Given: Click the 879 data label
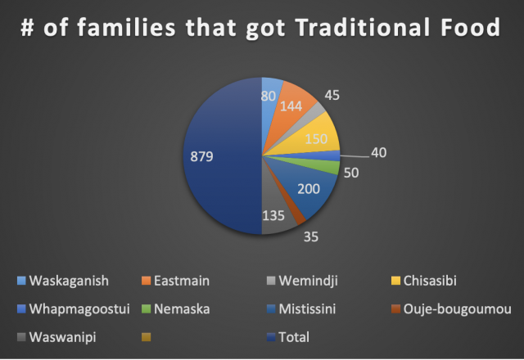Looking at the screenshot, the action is pos(201,156).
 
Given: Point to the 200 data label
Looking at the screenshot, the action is pos(309,189).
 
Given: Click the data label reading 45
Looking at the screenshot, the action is pos(332,95).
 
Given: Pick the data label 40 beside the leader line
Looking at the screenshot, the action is pos(378,153).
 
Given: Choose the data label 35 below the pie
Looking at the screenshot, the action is pos(311,236).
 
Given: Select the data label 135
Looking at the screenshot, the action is pos(273,216).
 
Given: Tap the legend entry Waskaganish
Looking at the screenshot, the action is pos(63,281).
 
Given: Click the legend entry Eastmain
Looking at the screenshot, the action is pos(176,281).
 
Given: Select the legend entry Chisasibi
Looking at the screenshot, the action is pos(424,281).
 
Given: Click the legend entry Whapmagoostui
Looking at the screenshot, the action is pos(74,309).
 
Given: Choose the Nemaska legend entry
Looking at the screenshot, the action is pos(176,309).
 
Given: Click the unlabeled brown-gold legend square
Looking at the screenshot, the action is pos(147,337).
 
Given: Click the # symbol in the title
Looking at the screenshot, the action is pos(27,27).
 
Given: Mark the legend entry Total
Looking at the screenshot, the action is pos(288,337).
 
